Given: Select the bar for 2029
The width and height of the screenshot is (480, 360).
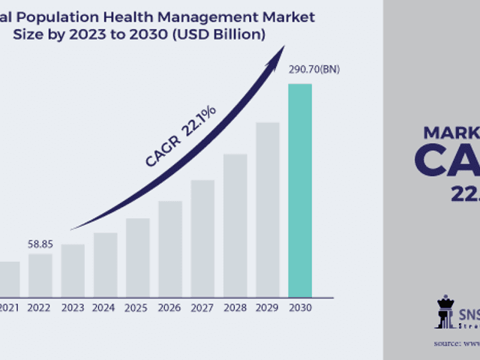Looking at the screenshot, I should tap(268, 209).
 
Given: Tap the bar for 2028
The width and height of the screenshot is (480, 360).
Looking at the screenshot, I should tap(235, 225).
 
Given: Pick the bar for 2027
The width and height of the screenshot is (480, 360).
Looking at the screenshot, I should tap(202, 238).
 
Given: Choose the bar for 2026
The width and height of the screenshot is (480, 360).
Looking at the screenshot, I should tap(170, 248).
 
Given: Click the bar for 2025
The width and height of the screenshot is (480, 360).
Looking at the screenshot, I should tap(137, 257).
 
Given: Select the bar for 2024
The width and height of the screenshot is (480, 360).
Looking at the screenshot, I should tap(105, 264).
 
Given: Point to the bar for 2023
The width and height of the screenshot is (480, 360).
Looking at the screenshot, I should tap(73, 270).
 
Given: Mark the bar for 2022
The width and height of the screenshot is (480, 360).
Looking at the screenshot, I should tap(40, 274).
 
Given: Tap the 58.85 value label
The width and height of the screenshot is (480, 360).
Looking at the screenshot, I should tap(40, 244).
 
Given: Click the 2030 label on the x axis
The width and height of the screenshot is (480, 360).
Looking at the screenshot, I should tap(300, 307).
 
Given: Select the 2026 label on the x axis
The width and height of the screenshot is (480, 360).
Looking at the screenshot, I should tap(170, 307).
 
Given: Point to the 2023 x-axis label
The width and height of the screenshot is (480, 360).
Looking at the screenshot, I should tap(73, 307).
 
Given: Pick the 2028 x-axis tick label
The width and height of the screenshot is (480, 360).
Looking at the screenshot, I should tap(235, 307).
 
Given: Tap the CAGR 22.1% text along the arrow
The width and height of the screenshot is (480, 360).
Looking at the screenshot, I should tap(181, 136).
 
